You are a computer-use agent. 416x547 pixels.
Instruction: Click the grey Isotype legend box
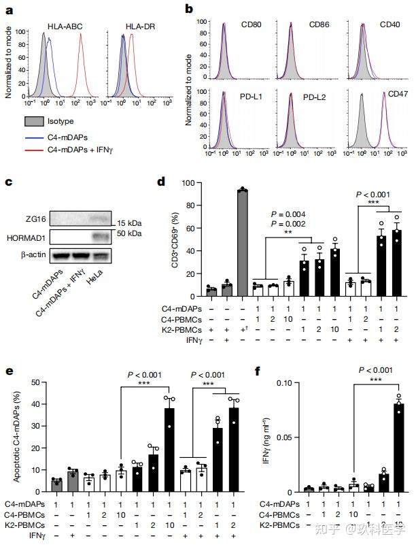tap(34, 121)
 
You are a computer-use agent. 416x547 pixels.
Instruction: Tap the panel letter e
tap(9, 371)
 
